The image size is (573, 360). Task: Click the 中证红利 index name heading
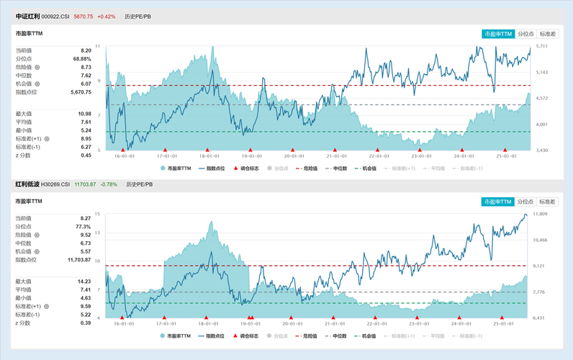tap(27, 16)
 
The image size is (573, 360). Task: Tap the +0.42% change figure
tap(106, 16)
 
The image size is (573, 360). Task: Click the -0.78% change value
tap(109, 184)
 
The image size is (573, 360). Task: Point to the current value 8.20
tap(86, 50)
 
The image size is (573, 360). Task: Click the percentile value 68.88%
tap(82, 58)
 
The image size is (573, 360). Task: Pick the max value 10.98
tap(84, 114)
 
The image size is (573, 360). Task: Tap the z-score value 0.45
tap(86, 155)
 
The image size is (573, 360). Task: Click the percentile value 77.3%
tap(83, 226)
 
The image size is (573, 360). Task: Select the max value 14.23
tap(84, 281)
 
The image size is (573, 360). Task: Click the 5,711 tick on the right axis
tap(541, 46)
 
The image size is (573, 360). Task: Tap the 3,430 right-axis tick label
tap(541, 150)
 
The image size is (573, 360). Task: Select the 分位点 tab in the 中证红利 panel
tap(526, 34)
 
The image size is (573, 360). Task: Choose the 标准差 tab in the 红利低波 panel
tap(548, 202)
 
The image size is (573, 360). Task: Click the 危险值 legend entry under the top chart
tap(308, 168)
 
